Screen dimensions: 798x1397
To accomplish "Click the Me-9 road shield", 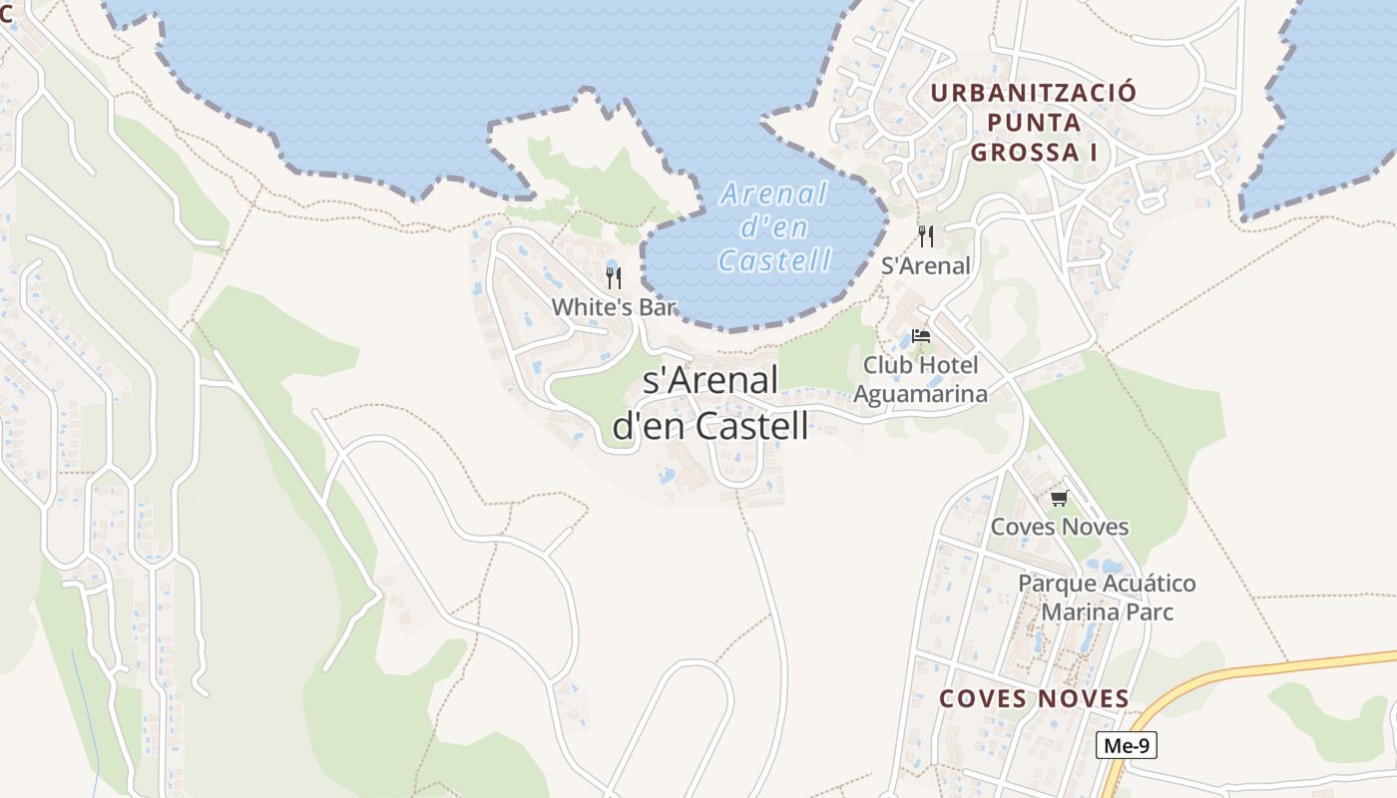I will click(1126, 745).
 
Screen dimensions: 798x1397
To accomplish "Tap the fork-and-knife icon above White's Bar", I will click(614, 278).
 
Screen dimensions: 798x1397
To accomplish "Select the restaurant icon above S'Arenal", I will click(926, 236).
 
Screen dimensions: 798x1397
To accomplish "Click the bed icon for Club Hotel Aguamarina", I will click(921, 336).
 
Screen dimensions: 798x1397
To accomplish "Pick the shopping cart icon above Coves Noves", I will click(1059, 498).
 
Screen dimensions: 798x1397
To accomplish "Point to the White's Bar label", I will click(614, 307).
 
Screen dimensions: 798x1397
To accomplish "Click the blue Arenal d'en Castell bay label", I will click(774, 227).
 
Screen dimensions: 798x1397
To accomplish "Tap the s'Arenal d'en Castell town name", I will click(710, 403).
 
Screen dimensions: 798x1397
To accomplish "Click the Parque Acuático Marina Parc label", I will click(1107, 597).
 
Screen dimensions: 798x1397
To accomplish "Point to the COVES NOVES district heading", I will click(1034, 698).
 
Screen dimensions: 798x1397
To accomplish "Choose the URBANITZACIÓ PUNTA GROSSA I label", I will click(1033, 123).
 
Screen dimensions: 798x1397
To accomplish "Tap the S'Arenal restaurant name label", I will click(926, 265).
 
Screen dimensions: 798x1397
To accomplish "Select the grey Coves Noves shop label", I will click(1059, 527).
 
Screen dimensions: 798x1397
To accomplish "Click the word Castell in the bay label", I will click(774, 261).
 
